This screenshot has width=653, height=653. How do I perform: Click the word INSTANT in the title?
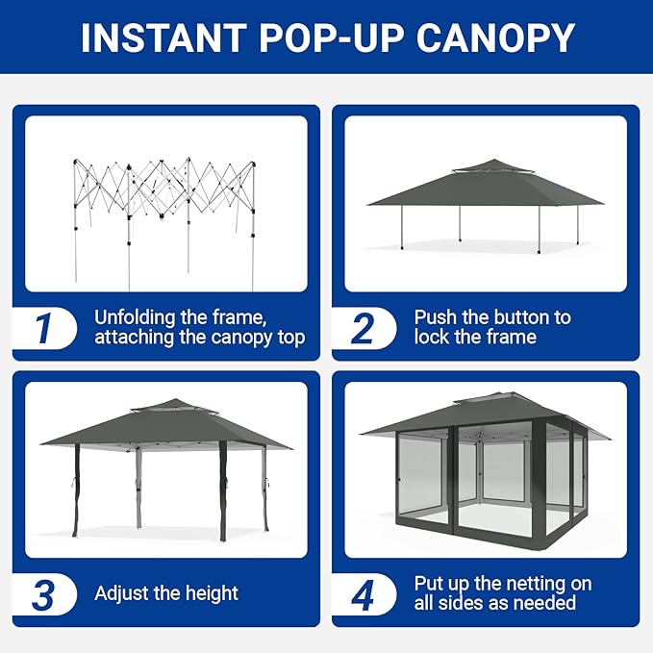tap(163, 38)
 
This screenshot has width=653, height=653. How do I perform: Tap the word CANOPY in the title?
tap(495, 38)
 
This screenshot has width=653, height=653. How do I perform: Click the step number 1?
tap(42, 328)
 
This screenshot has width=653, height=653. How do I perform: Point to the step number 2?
tap(363, 328)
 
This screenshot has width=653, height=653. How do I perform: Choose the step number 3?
tap(43, 594)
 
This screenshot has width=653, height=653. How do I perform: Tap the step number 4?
tap(363, 594)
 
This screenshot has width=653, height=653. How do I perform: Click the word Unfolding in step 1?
tap(135, 317)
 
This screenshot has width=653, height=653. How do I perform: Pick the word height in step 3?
tap(212, 593)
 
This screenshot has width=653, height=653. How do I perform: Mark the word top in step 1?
tap(291, 338)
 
